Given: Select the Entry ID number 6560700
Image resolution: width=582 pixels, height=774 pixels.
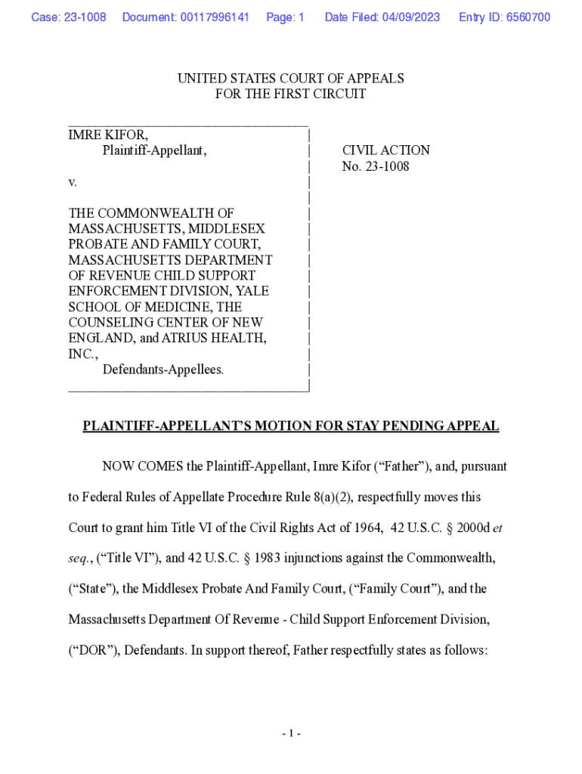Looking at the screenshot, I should pyautogui.click(x=527, y=17).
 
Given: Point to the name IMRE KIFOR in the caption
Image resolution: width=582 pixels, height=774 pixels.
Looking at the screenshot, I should pyautogui.click(x=108, y=135).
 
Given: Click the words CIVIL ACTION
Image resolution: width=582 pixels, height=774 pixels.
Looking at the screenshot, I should pyautogui.click(x=385, y=150).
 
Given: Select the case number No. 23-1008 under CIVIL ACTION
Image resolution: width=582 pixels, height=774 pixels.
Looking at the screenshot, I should pyautogui.click(x=376, y=166).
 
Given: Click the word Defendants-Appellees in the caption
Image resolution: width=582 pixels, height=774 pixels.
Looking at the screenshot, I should pyautogui.click(x=163, y=370).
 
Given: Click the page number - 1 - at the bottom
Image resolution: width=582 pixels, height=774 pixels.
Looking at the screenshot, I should pyautogui.click(x=291, y=733).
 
